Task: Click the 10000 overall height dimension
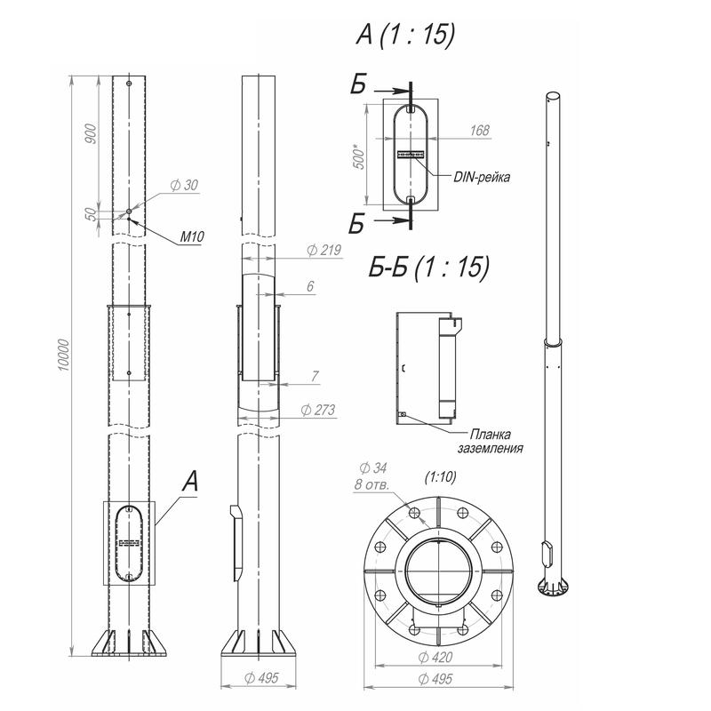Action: click(64, 355)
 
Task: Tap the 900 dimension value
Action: click(92, 134)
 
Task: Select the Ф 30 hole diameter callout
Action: click(185, 185)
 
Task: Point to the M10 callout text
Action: click(192, 236)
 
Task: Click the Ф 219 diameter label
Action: click(324, 250)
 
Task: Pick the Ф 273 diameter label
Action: click(318, 410)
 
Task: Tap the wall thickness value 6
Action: click(310, 286)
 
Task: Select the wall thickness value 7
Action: click(316, 376)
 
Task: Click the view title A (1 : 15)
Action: click(405, 34)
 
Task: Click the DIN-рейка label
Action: click(482, 177)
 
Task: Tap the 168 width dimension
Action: click(480, 131)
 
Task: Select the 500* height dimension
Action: click(359, 157)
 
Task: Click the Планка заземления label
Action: click(491, 441)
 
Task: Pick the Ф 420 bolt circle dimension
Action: click(435, 657)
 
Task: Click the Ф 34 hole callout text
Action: click(372, 467)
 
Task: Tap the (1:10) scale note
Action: click(440, 476)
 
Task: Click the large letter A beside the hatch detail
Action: click(190, 481)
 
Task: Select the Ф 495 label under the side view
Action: click(261, 678)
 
